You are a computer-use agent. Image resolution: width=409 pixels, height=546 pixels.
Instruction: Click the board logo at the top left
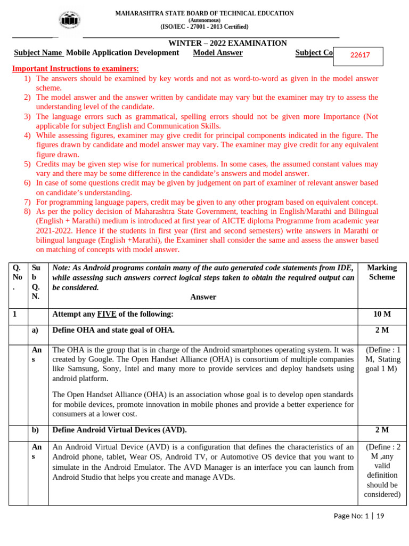[70, 20]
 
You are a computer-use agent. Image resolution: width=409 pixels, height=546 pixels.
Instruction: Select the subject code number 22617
[360, 55]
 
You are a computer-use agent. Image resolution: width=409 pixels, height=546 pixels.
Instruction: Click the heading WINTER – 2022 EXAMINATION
[227, 43]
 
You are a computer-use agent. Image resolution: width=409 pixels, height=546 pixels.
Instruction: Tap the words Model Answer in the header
[218, 53]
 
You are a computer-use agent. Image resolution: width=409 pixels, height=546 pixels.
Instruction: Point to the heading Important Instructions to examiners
[75, 69]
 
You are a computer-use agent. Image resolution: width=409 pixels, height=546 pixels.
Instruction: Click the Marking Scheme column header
[382, 272]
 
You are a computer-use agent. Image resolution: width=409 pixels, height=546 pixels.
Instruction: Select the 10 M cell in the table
[382, 315]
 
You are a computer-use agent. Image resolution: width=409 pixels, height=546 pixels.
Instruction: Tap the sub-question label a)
[35, 331]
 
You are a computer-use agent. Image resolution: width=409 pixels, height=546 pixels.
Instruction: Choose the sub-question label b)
[35, 430]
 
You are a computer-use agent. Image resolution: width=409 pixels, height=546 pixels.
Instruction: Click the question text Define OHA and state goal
[113, 331]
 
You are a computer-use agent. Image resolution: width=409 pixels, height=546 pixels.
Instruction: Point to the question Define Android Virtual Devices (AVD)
[119, 430]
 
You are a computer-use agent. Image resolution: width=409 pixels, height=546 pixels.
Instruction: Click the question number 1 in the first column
[15, 315]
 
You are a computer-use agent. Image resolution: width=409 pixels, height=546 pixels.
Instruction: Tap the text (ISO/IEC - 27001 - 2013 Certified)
[204, 27]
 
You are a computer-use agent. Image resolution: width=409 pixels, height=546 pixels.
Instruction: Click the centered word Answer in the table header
[203, 297]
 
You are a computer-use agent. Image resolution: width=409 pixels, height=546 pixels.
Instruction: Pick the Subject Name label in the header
[38, 53]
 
